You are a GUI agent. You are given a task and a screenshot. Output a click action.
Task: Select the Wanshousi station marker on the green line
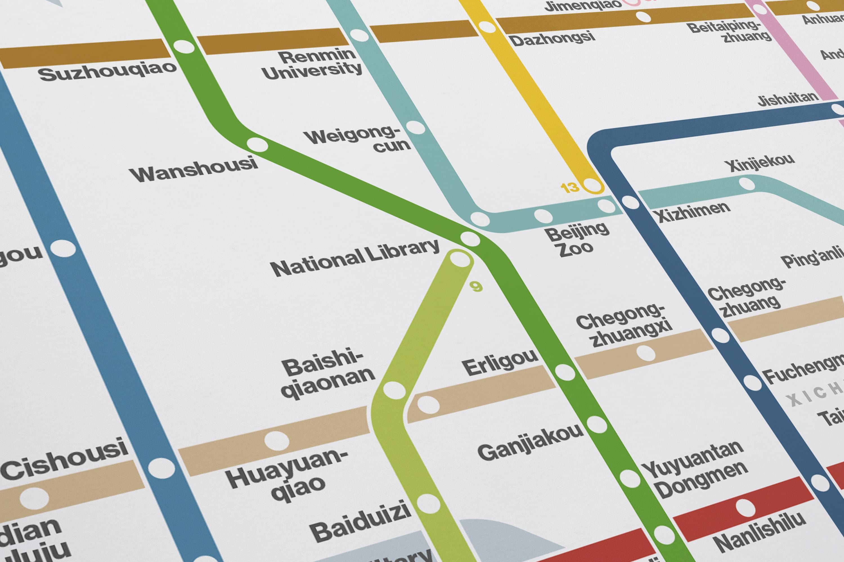click(257, 145)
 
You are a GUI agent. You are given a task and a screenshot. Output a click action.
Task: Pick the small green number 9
click(476, 287)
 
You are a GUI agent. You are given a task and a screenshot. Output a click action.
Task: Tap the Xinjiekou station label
click(759, 163)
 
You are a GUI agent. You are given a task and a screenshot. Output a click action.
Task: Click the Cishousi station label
click(64, 461)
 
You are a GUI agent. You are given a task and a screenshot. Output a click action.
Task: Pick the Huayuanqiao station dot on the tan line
click(277, 440)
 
